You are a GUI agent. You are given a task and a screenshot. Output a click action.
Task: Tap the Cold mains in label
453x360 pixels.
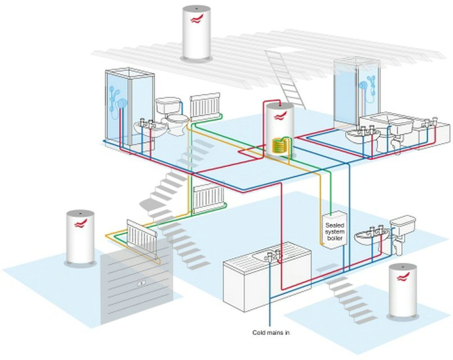pyautogui.click(x=271, y=332)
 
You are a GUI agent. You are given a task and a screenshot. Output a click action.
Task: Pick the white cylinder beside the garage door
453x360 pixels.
pyautogui.click(x=79, y=236)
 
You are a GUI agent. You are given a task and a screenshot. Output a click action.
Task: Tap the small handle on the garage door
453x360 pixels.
pyautogui.click(x=142, y=283)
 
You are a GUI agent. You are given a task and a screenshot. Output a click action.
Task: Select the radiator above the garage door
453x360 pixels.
pyautogui.click(x=141, y=235)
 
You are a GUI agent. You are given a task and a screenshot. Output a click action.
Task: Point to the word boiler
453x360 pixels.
pyautogui.click(x=335, y=238)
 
